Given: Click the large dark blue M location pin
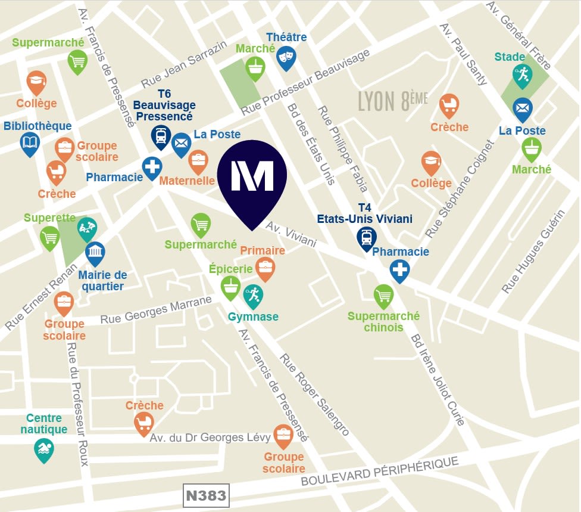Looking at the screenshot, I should pyautogui.click(x=252, y=176).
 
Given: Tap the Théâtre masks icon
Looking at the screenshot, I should pyautogui.click(x=286, y=57).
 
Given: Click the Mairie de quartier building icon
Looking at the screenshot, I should pyautogui.click(x=95, y=253).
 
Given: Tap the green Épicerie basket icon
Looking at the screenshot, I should pyautogui.click(x=230, y=287).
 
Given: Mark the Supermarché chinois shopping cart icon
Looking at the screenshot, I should pyautogui.click(x=384, y=295).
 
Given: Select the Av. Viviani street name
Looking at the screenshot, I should pyautogui.click(x=291, y=235).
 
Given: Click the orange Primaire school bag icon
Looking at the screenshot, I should pyautogui.click(x=265, y=268).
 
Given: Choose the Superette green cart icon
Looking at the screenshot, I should pyautogui.click(x=50, y=237).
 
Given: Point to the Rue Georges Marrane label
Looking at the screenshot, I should pyautogui.click(x=156, y=311).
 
